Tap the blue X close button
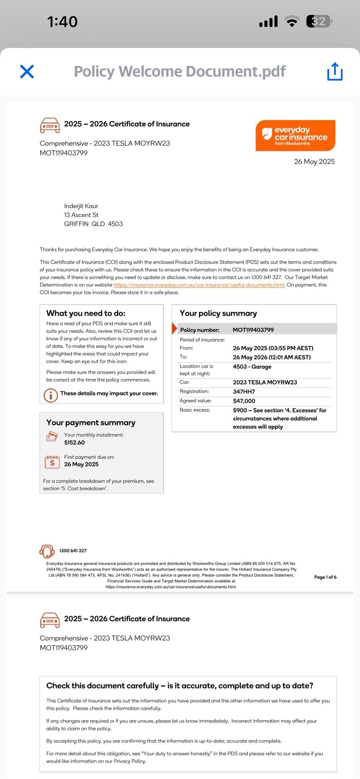click(x=27, y=71)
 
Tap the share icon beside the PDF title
click(x=335, y=71)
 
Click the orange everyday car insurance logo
click(x=295, y=136)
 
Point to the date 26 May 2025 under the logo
click(x=314, y=162)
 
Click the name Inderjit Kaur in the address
click(x=81, y=206)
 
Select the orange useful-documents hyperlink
click(x=199, y=285)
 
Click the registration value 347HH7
click(x=244, y=392)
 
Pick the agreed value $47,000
click(x=244, y=401)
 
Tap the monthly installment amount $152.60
click(x=75, y=443)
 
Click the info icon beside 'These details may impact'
click(x=51, y=395)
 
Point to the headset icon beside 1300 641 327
click(x=47, y=551)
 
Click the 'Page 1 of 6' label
click(x=325, y=577)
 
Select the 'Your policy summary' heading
click(x=218, y=313)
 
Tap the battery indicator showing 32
click(x=319, y=21)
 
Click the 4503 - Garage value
click(x=252, y=367)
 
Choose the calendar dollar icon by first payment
click(x=52, y=462)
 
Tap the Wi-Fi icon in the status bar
click(x=291, y=21)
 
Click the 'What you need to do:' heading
click(x=86, y=313)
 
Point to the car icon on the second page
click(x=50, y=620)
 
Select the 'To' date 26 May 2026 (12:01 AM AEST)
click(x=272, y=357)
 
